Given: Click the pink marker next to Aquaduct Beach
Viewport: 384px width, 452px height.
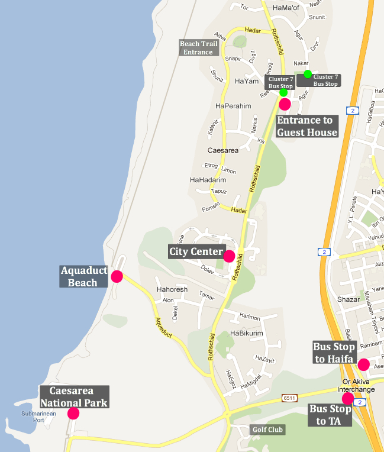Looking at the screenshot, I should click(x=117, y=276).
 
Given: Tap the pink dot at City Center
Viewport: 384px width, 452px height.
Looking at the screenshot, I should click(x=228, y=256).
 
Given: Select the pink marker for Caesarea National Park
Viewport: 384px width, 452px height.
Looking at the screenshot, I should click(x=73, y=413).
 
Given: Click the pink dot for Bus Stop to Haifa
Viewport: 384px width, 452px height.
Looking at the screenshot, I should click(x=363, y=364).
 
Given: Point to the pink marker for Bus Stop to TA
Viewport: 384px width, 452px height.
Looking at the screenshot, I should click(x=348, y=399).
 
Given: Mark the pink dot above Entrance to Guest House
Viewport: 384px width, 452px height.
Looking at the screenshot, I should click(x=285, y=104).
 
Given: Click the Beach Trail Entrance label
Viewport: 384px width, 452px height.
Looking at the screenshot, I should click(x=199, y=48).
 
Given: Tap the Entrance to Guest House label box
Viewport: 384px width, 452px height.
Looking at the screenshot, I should click(x=306, y=126).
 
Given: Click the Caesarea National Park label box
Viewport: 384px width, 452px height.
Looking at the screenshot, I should click(x=75, y=396).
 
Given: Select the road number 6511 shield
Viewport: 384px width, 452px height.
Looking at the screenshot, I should click(x=289, y=398).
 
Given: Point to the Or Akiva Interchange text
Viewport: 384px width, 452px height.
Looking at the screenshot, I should click(x=356, y=386).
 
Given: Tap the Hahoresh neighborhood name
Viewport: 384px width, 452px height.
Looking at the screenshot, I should click(x=172, y=290).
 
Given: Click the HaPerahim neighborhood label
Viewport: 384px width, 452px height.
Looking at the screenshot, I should click(x=234, y=106).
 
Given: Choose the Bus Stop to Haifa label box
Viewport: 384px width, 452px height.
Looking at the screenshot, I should click(x=334, y=353).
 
